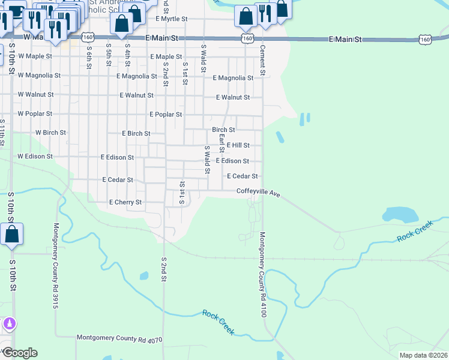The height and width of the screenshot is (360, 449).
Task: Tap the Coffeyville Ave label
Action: tap(258, 192)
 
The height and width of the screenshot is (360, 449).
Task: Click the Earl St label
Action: tap(221, 143)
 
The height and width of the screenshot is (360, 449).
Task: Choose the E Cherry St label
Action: tap(125, 203)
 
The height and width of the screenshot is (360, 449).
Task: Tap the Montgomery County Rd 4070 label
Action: tap(119, 338)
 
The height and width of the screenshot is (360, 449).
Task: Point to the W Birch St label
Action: tap(50, 133)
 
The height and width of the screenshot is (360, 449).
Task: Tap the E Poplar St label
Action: tap(165, 114)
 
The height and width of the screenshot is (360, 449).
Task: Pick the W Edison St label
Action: tap(35, 157)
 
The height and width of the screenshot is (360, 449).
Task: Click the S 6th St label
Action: tap(88, 55)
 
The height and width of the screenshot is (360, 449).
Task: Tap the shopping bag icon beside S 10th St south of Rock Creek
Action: tap(12, 235)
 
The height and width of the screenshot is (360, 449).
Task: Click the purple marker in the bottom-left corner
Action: tap(8, 325)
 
